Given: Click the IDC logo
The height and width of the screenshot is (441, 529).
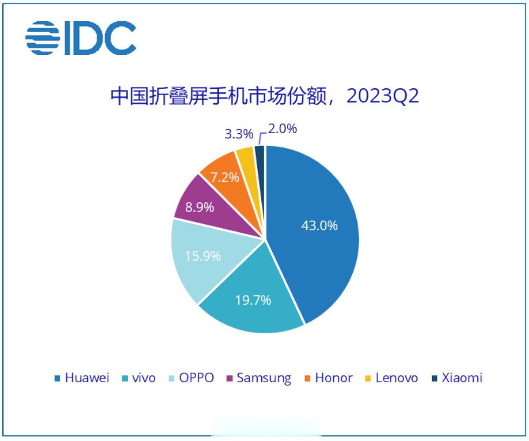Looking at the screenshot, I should tap(81, 38).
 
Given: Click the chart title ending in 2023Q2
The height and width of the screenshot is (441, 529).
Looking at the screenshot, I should tap(265, 96).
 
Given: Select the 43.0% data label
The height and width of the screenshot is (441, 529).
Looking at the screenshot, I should tap(319, 225).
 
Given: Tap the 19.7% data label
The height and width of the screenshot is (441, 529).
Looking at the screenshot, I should tap(253, 300).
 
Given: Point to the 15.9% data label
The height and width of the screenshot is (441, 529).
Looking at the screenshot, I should tap(203, 256).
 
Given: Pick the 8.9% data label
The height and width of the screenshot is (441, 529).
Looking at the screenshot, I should tap(199, 208).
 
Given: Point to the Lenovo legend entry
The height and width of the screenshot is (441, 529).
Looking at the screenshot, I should tap(392, 378).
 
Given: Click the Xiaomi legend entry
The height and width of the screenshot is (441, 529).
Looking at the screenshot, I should tap(457, 378).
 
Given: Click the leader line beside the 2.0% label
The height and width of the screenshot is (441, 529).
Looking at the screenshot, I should tap(261, 136).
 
